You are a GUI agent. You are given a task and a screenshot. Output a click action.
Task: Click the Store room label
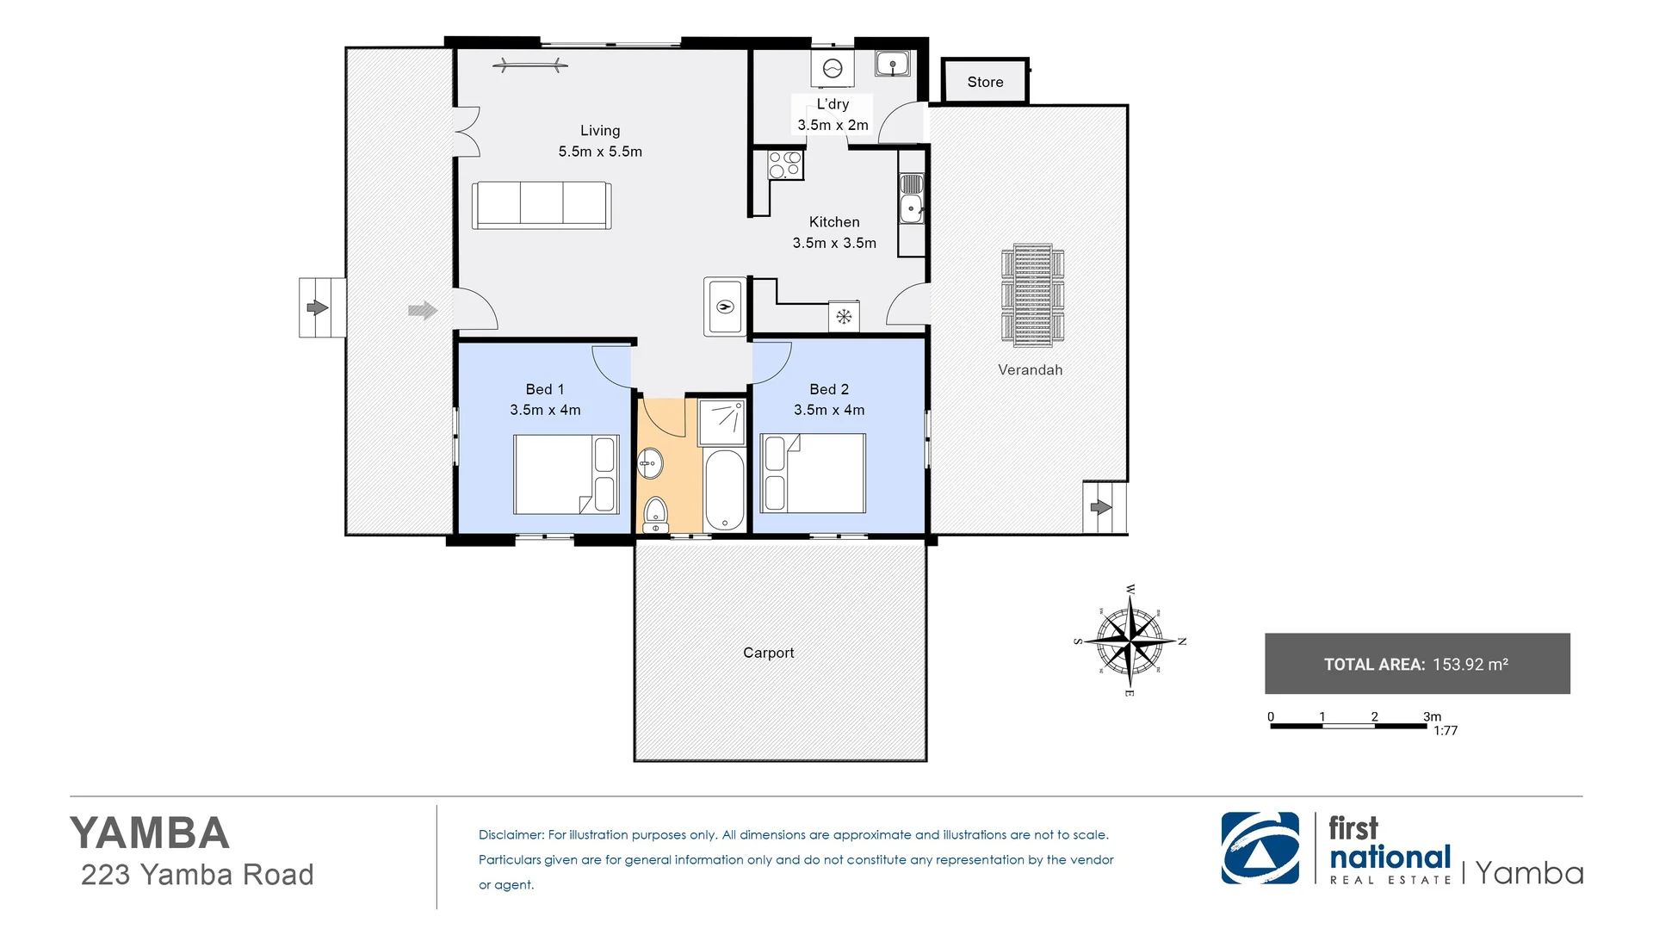(985, 83)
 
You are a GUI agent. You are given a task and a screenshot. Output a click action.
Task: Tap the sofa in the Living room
(542, 205)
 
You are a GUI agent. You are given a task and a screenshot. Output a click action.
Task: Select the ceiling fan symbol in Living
(529, 65)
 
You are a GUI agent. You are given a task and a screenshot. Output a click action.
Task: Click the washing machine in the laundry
(833, 69)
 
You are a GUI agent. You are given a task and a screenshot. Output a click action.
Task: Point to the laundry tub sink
(893, 64)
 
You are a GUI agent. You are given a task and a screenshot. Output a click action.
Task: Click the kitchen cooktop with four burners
(784, 164)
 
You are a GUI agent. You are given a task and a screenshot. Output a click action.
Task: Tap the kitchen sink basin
(911, 208)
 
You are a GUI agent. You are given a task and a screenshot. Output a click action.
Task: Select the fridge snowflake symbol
(844, 317)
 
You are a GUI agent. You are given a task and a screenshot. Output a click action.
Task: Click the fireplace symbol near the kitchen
(725, 307)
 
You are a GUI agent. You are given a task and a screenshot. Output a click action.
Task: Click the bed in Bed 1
(566, 474)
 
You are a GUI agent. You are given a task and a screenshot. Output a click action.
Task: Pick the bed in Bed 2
(814, 474)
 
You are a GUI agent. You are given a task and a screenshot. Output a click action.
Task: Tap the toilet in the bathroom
(656, 516)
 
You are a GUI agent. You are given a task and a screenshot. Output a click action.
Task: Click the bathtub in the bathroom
(724, 489)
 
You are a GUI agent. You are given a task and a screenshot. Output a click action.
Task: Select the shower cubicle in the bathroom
(721, 421)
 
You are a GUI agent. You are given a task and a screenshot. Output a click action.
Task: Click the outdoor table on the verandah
(1032, 295)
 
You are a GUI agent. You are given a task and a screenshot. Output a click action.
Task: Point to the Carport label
(768, 653)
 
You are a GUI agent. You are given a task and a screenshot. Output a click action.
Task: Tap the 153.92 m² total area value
(1470, 664)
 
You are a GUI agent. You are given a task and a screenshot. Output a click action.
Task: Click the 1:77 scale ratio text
(1446, 731)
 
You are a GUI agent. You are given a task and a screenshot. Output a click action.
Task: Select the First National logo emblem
(1260, 848)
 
